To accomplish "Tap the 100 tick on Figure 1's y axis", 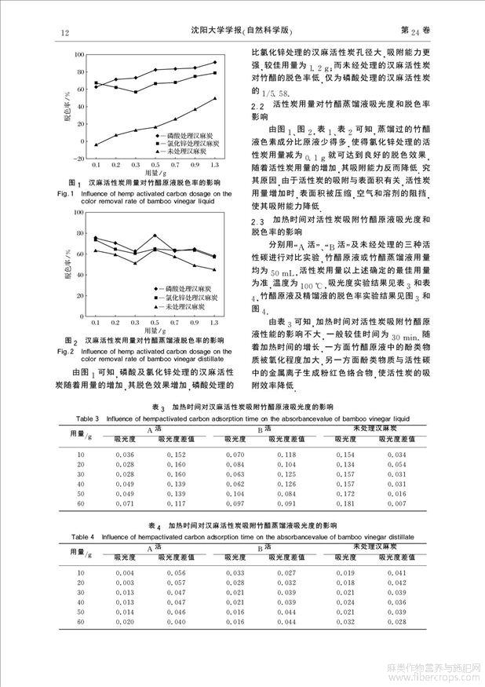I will [x=79, y=53].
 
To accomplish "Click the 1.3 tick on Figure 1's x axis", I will [x=215, y=167].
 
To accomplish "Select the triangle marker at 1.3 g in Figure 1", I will [x=215, y=98].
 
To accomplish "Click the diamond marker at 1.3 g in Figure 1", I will [x=215, y=62].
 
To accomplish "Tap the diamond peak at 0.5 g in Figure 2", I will [x=155, y=235].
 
